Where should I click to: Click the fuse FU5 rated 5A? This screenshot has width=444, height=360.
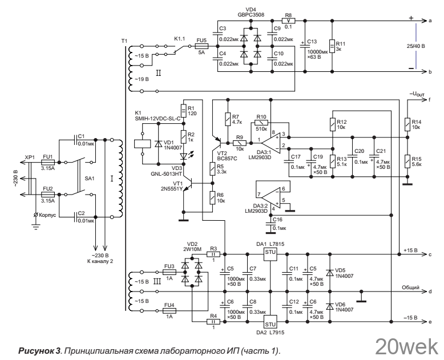[202, 46]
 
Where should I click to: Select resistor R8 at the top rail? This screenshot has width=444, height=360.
[289, 21]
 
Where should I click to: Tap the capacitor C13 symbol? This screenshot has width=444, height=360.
[305, 46]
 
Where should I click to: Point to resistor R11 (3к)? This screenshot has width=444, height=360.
[333, 46]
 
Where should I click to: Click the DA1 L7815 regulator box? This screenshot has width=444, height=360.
[270, 254]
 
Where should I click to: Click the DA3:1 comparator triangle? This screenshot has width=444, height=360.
[271, 143]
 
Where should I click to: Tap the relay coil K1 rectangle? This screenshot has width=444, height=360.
[142, 144]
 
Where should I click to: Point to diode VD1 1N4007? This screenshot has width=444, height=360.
[158, 144]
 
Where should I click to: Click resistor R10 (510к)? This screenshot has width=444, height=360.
[261, 123]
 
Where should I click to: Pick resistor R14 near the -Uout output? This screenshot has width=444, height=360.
[407, 124]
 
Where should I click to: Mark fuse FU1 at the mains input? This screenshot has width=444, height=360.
[48, 163]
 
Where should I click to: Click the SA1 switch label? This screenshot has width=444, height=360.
[89, 179]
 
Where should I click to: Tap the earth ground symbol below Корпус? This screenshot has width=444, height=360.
[36, 226]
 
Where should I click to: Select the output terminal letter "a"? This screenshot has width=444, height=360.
[430, 21]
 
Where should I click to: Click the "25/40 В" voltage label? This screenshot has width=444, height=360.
[415, 46]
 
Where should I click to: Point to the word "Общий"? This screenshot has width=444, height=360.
[410, 288]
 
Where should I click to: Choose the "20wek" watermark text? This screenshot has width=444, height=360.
[407, 347]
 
